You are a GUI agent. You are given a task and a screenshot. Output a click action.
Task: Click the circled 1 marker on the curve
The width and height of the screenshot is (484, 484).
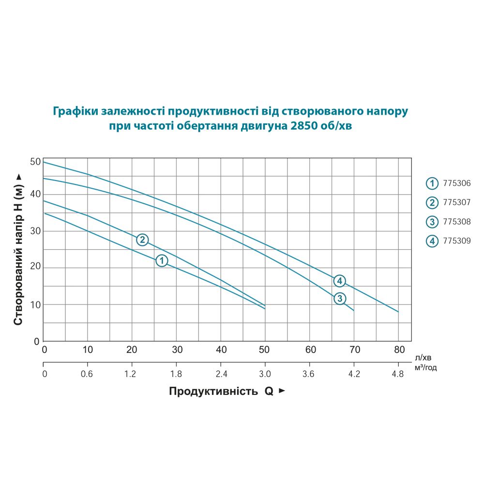pyautogui.click(x=162, y=260)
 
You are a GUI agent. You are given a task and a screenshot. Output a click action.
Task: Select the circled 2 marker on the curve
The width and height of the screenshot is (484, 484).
pyautogui.click(x=142, y=240)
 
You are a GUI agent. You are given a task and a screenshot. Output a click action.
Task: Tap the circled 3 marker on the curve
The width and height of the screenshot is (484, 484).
pyautogui.click(x=340, y=298)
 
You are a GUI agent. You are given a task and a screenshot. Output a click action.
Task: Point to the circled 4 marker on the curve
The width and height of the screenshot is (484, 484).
pyautogui.click(x=340, y=281)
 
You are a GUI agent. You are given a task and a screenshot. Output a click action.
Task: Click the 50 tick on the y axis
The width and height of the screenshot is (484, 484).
pyautogui.click(x=35, y=162)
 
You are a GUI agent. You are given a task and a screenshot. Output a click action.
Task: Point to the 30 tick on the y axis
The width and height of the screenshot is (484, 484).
pyautogui.click(x=35, y=231)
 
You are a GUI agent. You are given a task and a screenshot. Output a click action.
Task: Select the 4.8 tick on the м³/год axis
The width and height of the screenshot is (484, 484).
pyautogui.click(x=398, y=374)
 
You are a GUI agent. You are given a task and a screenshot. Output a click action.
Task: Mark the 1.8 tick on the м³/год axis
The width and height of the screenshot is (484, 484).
pyautogui.click(x=176, y=374)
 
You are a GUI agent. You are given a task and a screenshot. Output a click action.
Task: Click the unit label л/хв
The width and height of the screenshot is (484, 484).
pyautogui.click(x=422, y=358)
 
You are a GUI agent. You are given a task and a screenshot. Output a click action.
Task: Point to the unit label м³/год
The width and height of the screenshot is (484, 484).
pyautogui.click(x=426, y=368)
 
